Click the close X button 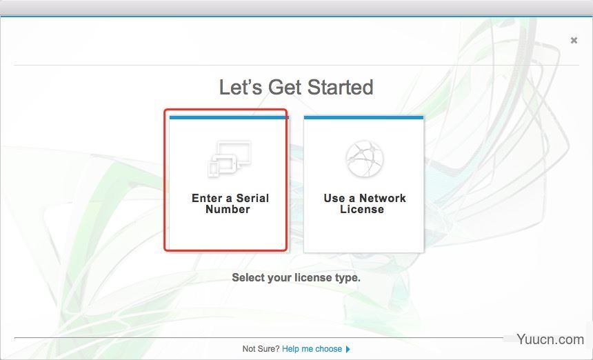pyautogui.click(x=574, y=40)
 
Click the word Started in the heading pyautogui.click(x=341, y=87)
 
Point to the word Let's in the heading pyautogui.click(x=241, y=87)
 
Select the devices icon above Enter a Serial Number pyautogui.click(x=230, y=159)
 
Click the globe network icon pyautogui.click(x=364, y=159)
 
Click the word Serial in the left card pyautogui.click(x=252, y=198)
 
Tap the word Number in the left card pyautogui.click(x=228, y=210)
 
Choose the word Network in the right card pyautogui.click(x=383, y=198)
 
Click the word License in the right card pyautogui.click(x=362, y=210)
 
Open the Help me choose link pyautogui.click(x=312, y=349)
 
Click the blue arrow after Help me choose pyautogui.click(x=348, y=349)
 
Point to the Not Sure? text pyautogui.click(x=261, y=349)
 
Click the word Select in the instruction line pyautogui.click(x=248, y=277)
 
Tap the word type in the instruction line pyautogui.click(x=346, y=279)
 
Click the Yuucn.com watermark pyautogui.click(x=550, y=339)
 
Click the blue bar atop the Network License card pyautogui.click(x=363, y=118)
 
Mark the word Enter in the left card pyautogui.click(x=207, y=198)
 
